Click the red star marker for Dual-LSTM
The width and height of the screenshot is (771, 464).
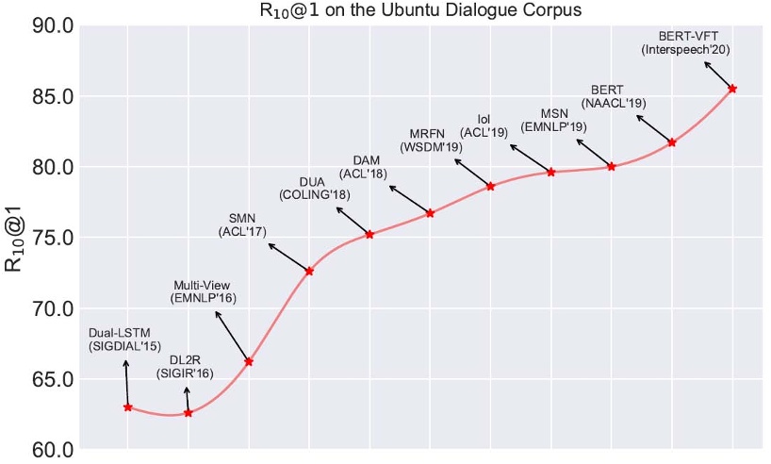pyautogui.click(x=127, y=407)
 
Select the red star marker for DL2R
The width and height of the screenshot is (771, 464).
pyautogui.click(x=189, y=413)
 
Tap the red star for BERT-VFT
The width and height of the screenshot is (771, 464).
pyautogui.click(x=732, y=89)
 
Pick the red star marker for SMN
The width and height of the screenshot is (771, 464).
pyautogui.click(x=309, y=272)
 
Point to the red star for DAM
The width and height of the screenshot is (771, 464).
pyautogui.click(x=430, y=213)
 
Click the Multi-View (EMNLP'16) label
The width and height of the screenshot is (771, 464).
pyautogui.click(x=203, y=291)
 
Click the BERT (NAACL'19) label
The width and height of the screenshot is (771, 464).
pyautogui.click(x=614, y=96)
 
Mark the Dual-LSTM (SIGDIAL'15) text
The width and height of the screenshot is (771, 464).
pyautogui.click(x=124, y=340)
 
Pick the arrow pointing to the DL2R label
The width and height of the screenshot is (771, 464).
pyautogui.click(x=187, y=400)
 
